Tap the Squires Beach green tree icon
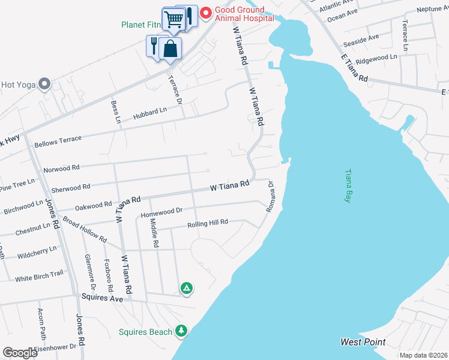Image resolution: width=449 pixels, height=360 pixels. coord(181,331)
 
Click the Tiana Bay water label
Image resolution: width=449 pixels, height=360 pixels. coord(346,186)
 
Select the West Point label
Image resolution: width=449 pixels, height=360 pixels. coord(363,342)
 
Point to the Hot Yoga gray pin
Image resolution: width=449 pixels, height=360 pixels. coord(44,84)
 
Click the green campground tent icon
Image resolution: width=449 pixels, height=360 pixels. coord(187,289)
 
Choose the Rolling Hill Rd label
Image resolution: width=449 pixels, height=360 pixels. coord(208,223)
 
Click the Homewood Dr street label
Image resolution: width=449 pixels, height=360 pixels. coord(161,212)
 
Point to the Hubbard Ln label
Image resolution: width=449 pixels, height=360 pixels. coord(150,112)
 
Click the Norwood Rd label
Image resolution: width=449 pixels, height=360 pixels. coord(62,169)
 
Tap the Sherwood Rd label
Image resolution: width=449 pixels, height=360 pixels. coord(70,188)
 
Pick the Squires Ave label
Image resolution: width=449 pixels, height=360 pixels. coord(103,298)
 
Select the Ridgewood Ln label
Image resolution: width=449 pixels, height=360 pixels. coord(376,58)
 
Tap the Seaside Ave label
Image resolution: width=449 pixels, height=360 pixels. coord(361,41)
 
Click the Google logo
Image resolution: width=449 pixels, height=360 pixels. coord(20,353)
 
